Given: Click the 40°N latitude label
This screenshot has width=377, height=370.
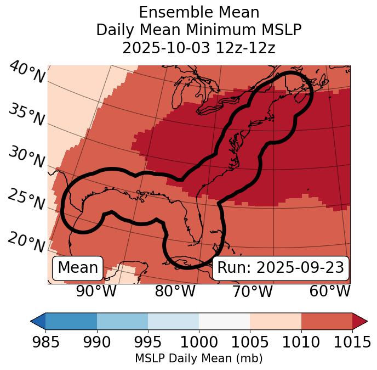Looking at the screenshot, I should click(27, 73).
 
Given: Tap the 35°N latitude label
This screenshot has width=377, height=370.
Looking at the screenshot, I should click(26, 115).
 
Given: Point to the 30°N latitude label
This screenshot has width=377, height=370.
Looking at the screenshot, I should click(26, 158).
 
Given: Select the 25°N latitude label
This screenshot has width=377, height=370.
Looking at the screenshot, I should click(26, 199).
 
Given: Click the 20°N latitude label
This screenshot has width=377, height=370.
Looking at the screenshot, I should click(26, 241).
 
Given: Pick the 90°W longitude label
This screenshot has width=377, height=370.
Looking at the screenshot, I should click(96, 291).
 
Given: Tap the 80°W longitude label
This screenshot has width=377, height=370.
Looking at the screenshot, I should click(175, 291).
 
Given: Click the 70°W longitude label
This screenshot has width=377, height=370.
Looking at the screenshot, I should click(252, 291).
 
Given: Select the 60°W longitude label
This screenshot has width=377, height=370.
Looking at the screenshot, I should click(329, 291).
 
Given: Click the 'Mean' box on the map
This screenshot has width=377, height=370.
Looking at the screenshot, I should click(78, 268).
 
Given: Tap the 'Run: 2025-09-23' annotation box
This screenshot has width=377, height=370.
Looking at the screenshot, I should click(281, 268).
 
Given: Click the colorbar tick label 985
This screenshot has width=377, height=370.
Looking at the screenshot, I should click(45, 343).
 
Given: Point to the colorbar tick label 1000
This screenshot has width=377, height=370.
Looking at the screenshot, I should click(199, 343).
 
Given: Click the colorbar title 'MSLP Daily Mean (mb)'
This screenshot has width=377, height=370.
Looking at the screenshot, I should click(198, 358).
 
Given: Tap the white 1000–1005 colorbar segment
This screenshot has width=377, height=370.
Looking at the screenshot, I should click(224, 321).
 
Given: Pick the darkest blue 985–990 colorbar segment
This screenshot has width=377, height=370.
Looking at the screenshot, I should click(71, 321).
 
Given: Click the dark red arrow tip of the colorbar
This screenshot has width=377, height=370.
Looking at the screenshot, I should click(360, 321).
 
